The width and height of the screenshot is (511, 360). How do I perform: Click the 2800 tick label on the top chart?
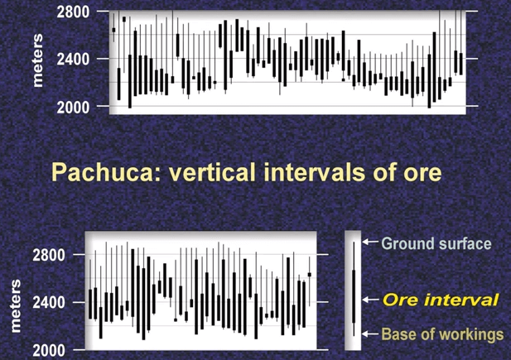pyautogui.click(x=73, y=12)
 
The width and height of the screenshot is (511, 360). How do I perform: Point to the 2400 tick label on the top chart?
pyautogui.click(x=73, y=60)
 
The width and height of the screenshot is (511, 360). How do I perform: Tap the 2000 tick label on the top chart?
pyautogui.click(x=73, y=108)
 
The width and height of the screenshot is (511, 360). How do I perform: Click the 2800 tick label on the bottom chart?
pyautogui.click(x=49, y=255)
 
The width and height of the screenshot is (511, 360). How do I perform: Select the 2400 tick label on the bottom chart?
pyautogui.click(x=49, y=303)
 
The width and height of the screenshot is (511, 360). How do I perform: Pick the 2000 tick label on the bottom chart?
pyautogui.click(x=49, y=351)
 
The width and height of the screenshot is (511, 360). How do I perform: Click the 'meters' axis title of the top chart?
pyautogui.click(x=37, y=60)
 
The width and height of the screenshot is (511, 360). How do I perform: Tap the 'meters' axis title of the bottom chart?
pyautogui.click(x=15, y=306)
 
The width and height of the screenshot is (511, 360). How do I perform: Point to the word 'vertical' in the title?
pyautogui.click(x=212, y=172)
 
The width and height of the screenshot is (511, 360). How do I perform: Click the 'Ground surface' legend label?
pyautogui.click(x=436, y=243)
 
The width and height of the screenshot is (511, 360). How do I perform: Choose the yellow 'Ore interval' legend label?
pyautogui.click(x=441, y=300)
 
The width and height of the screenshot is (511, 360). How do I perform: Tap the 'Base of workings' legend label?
pyautogui.click(x=442, y=334)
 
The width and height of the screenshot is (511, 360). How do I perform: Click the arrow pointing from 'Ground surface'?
pyautogui.click(x=370, y=242)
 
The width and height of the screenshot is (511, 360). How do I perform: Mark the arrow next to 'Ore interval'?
pyautogui.click(x=370, y=300)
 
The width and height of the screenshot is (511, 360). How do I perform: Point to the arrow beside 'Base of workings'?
pyautogui.click(x=370, y=334)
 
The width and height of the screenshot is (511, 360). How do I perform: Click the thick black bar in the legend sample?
pyautogui.click(x=354, y=296)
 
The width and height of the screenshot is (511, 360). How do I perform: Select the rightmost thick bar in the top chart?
pyautogui.click(x=460, y=64)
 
